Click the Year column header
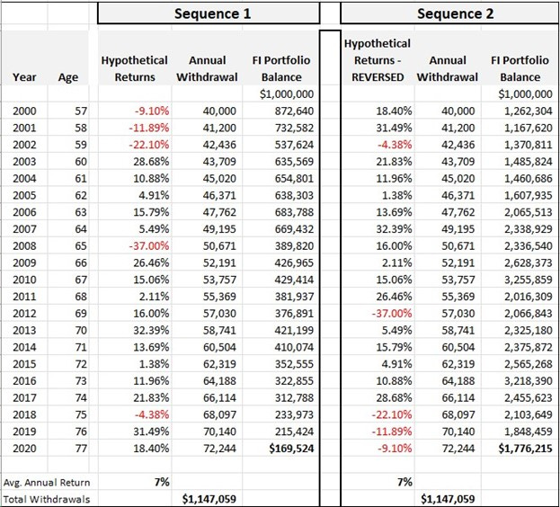pyautogui.click(x=24, y=77)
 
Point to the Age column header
pyautogui.click(x=68, y=77)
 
